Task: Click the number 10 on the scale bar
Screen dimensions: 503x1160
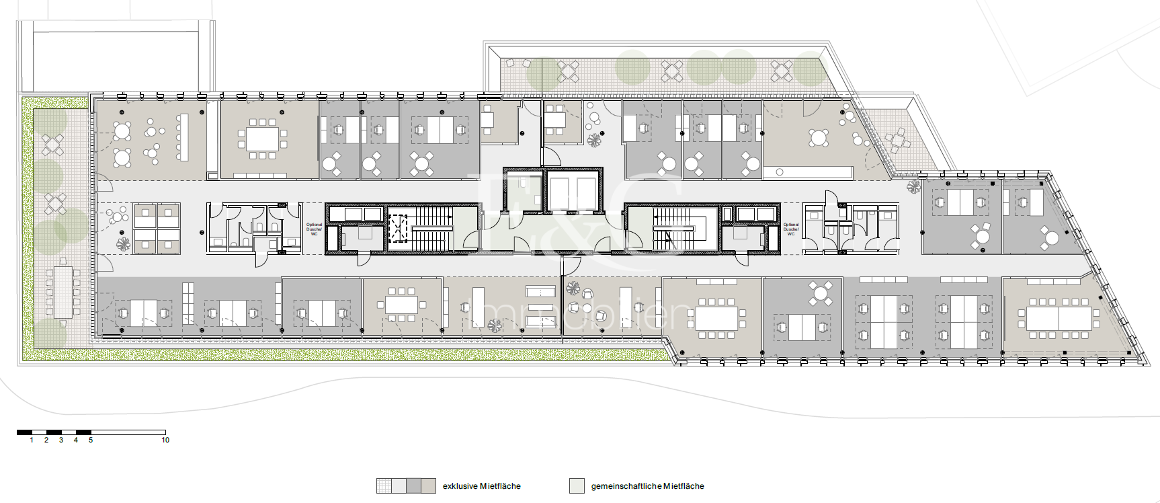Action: pyautogui.click(x=165, y=440)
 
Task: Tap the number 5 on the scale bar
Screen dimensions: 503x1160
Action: pyautogui.click(x=91, y=440)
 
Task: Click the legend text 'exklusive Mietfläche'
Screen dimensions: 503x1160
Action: pyautogui.click(x=481, y=486)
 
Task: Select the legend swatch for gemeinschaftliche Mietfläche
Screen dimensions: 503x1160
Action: pyautogui.click(x=577, y=486)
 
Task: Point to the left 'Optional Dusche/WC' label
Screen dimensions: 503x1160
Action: pyautogui.click(x=314, y=229)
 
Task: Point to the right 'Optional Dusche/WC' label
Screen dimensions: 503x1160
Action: pyautogui.click(x=791, y=229)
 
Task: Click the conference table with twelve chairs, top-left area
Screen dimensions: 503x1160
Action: pyautogui.click(x=262, y=139)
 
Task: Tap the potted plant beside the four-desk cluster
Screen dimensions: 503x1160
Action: pyautogui.click(x=123, y=243)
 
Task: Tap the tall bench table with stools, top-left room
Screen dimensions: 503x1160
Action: pyautogui.click(x=183, y=137)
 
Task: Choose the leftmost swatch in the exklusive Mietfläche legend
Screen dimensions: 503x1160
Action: pyautogui.click(x=384, y=486)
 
